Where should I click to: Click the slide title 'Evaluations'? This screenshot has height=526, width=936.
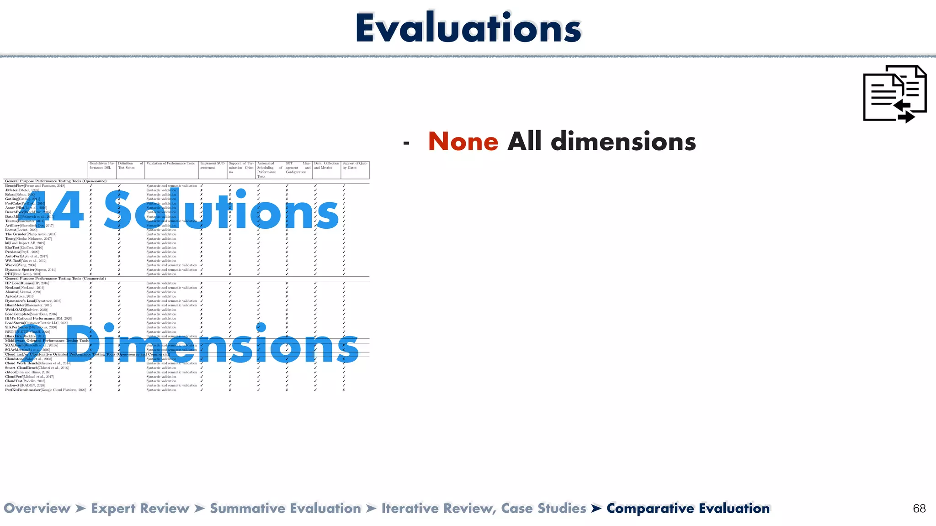coord(468,28)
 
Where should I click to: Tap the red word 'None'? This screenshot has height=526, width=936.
coord(463,142)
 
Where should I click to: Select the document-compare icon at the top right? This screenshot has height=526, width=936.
coord(894,94)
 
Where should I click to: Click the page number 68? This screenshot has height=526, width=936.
coord(919,509)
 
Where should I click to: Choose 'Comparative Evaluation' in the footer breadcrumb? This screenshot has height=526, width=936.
coord(688,509)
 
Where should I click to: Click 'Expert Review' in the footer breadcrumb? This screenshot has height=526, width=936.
coord(140,509)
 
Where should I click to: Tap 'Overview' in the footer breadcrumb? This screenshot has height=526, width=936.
coord(37,509)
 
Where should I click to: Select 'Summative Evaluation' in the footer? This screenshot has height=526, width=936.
coord(285,509)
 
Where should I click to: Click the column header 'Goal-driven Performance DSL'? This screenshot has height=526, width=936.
coord(101,166)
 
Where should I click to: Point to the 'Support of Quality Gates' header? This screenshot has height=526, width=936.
coord(355,166)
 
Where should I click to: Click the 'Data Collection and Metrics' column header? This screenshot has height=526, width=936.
coord(326,166)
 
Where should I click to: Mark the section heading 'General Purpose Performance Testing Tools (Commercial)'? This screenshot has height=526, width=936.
coord(55,279)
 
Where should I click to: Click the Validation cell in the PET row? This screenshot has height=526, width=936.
coord(161,274)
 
